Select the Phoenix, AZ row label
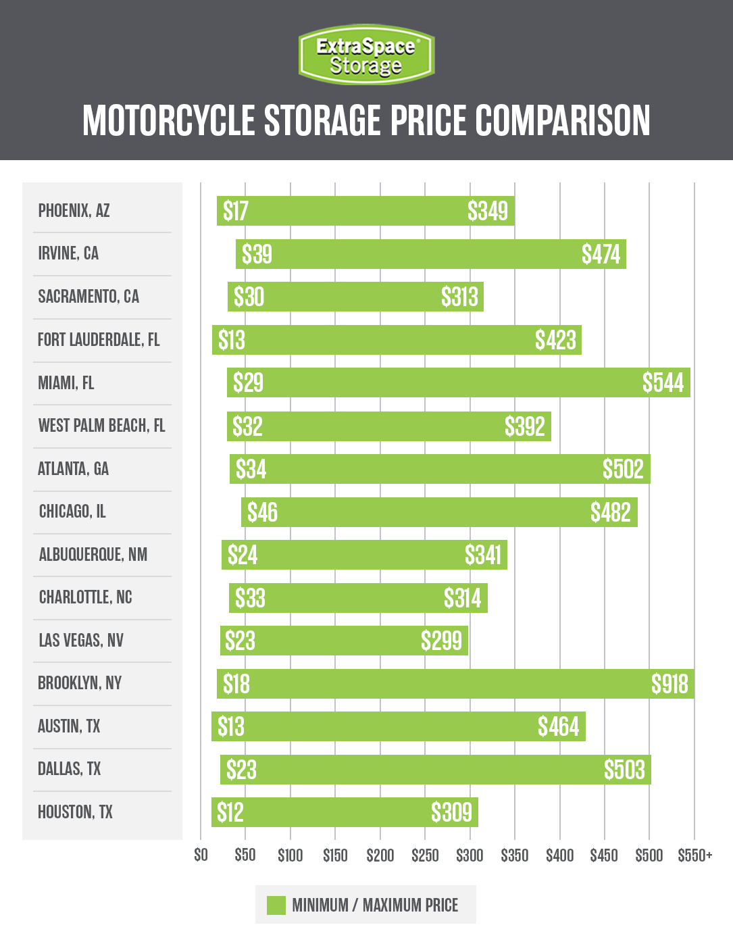tap(74, 211)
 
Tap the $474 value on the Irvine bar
tap(601, 254)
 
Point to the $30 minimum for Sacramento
tap(249, 297)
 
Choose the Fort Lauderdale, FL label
tap(99, 340)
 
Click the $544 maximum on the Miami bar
tap(663, 383)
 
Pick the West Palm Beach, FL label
tap(101, 426)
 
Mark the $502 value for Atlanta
tap(623, 469)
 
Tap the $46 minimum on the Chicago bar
tap(262, 512)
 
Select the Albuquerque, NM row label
tap(93, 555)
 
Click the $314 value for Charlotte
tap(462, 598)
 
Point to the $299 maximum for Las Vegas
tap(441, 641)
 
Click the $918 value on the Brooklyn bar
tap(669, 684)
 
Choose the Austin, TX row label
tap(69, 726)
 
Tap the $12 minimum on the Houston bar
tap(230, 812)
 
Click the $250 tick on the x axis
tap(425, 855)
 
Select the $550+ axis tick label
tap(694, 855)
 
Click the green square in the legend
tap(276, 905)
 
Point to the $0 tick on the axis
tap(201, 855)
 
